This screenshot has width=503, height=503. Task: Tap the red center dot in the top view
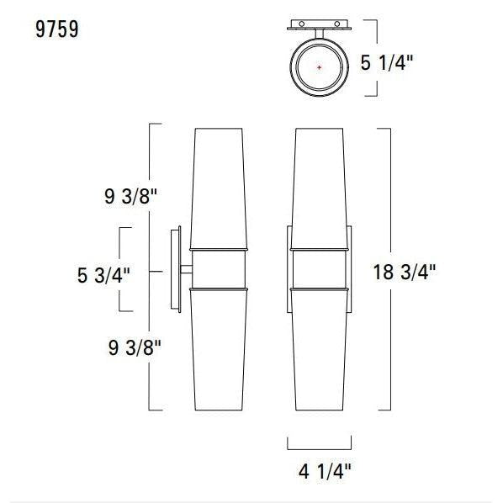click(319, 66)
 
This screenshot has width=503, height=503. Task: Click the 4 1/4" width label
click(319, 472)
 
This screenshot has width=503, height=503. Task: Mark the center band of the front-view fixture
click(320, 269)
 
